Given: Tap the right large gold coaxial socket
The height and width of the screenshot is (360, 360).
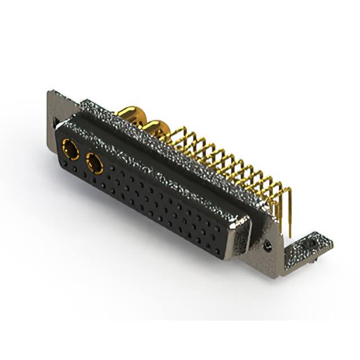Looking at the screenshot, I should pos(94,164).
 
